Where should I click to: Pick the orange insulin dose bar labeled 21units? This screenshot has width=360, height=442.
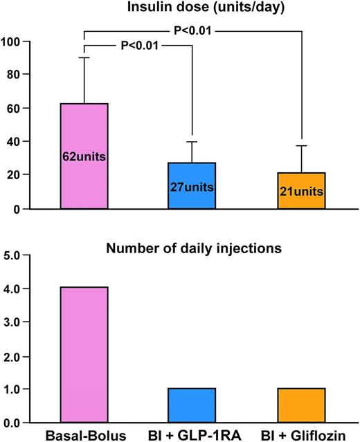[x=301, y=190]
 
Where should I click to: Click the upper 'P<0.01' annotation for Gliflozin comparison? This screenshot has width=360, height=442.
[x=192, y=30]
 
